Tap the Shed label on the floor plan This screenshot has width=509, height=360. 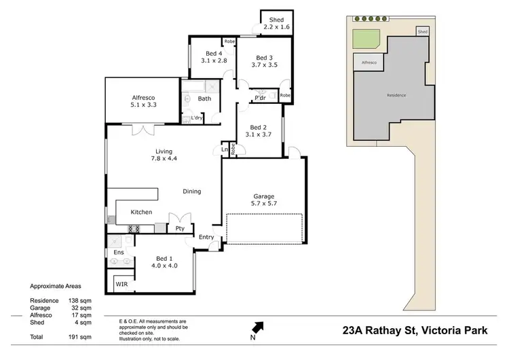[276, 20]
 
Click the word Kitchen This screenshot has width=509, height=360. [141, 213]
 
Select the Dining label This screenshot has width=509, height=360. [192, 192]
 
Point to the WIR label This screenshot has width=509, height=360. [122, 283]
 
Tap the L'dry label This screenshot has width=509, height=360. [197, 118]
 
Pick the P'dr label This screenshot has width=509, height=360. [259, 98]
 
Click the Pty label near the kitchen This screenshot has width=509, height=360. [180, 228]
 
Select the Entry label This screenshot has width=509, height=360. [206, 237]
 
